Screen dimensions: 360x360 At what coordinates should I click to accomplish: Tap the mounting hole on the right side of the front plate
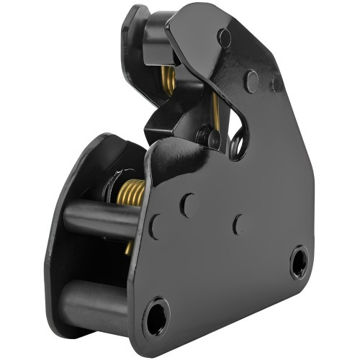pyautogui.click(x=300, y=262)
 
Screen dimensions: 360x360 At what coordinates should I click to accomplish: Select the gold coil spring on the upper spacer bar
pyautogui.click(x=130, y=192)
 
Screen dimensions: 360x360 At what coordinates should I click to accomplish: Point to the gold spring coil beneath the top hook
pyautogui.click(x=168, y=81)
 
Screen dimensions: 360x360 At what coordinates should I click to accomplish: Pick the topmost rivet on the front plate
pyautogui.click(x=225, y=38)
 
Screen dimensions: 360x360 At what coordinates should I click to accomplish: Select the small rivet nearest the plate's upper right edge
pyautogui.click(x=276, y=82)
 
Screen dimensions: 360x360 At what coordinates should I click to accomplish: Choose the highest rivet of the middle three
pyautogui.click(x=187, y=205)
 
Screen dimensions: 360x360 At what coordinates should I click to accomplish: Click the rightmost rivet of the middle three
pyautogui.click(x=238, y=224)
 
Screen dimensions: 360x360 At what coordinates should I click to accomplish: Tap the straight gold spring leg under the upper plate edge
pyautogui.click(x=215, y=108)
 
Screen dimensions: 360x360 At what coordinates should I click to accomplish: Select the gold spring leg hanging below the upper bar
pyautogui.click(x=128, y=247)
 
